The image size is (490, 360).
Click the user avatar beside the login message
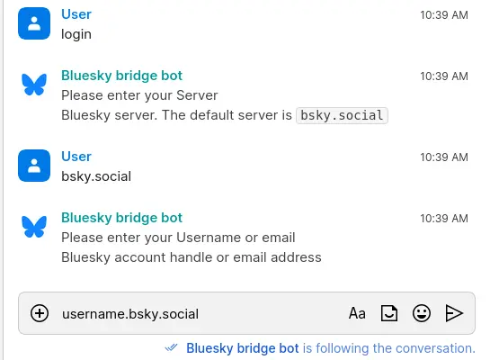click(34, 24)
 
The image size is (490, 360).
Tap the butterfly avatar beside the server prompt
click(34, 85)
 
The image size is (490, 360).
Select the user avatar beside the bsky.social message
click(34, 166)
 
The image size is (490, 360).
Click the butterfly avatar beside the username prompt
click(34, 226)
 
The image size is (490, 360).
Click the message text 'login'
click(76, 34)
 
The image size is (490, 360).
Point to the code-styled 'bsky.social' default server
click(342, 115)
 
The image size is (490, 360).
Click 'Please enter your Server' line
click(139, 95)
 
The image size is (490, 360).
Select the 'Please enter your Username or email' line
click(178, 238)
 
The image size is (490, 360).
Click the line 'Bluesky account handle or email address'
click(191, 257)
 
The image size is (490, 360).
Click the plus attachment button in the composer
click(40, 313)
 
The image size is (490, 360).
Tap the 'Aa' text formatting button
click(357, 313)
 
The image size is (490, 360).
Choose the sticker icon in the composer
click(389, 313)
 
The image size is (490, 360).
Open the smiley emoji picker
click(421, 313)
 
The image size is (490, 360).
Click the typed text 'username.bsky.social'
click(129, 314)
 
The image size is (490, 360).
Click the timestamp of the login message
click(444, 15)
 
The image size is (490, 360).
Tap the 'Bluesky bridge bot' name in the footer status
click(243, 348)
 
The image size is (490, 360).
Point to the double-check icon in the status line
click(173, 347)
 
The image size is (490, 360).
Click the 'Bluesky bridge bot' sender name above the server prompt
click(121, 76)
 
